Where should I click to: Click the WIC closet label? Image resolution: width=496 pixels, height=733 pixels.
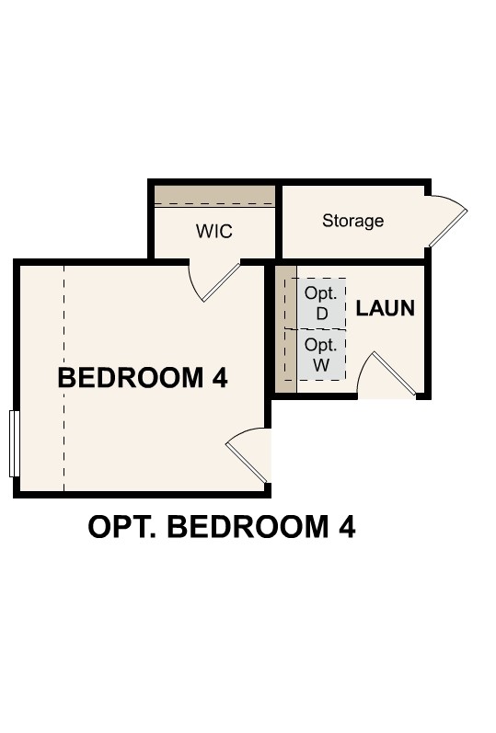213,231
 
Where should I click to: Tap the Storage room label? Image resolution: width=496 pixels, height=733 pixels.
352,221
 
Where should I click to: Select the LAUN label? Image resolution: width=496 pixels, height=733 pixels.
386,308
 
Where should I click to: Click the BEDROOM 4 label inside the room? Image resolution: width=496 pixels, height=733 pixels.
143,377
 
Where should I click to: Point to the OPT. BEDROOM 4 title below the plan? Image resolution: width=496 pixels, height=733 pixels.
222,527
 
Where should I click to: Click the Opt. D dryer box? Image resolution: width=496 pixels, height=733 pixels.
321,303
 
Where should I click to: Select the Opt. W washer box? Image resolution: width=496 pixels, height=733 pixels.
321,354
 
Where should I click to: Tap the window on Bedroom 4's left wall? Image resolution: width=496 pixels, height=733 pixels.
14,443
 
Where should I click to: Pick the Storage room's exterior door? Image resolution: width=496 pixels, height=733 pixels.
447,221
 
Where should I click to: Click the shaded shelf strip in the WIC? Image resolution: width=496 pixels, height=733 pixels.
213,195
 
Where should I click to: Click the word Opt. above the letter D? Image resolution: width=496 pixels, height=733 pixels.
321,292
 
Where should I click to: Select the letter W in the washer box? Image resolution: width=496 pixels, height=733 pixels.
321,364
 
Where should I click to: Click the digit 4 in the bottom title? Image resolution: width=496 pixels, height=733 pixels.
345,527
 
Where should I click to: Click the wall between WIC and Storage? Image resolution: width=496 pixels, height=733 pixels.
278,221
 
